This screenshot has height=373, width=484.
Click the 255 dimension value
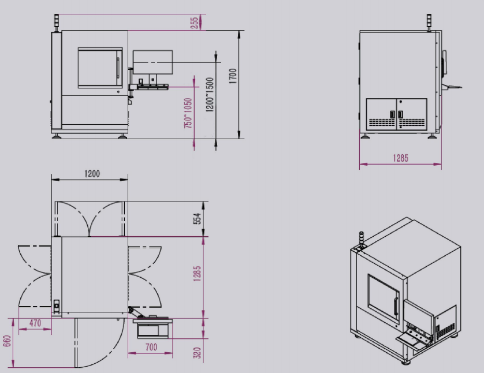point(195,23)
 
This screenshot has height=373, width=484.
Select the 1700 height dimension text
point(233,76)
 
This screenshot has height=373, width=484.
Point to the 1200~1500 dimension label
point(210,95)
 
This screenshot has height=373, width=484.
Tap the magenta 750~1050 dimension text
point(188,113)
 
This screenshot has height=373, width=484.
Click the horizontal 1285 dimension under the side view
point(400,158)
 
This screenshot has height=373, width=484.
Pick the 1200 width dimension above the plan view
point(92,174)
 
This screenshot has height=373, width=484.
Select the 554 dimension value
point(198,218)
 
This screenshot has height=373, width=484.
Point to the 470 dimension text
point(35,323)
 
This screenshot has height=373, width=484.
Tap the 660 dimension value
point(7,341)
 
